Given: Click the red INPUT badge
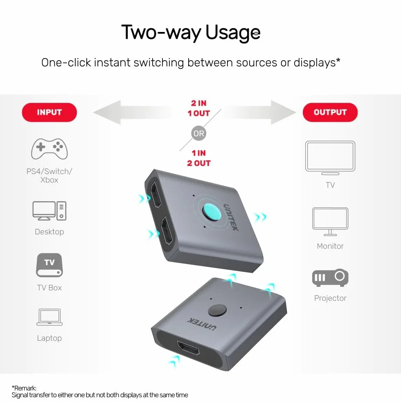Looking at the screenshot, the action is tap(50, 112).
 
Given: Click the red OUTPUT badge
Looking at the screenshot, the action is tap(330, 112).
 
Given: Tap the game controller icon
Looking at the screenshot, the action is tap(50, 149).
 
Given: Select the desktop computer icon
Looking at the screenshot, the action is tap(50, 211).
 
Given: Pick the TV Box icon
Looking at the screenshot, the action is tap(50, 265).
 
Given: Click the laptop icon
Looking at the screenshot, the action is tap(50, 317).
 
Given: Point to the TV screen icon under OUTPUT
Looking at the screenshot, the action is tap(330, 158).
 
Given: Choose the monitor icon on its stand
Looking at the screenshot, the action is tap(330, 222).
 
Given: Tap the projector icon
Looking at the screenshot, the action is tap(330, 278).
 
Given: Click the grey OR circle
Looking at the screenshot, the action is tap(199, 133).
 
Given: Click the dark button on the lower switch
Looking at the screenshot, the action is tap(217, 310).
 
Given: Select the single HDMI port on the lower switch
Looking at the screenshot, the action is tap(188, 348).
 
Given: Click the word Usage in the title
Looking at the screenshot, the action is tap(233, 32).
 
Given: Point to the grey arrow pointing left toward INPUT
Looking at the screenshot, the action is tap(133, 112).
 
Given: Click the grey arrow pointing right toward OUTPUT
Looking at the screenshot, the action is tap(260, 112).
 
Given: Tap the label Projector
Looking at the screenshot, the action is tap(330, 298).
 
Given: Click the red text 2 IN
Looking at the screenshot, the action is tap(199, 103).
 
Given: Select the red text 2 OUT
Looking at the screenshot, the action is tap(199, 163).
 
